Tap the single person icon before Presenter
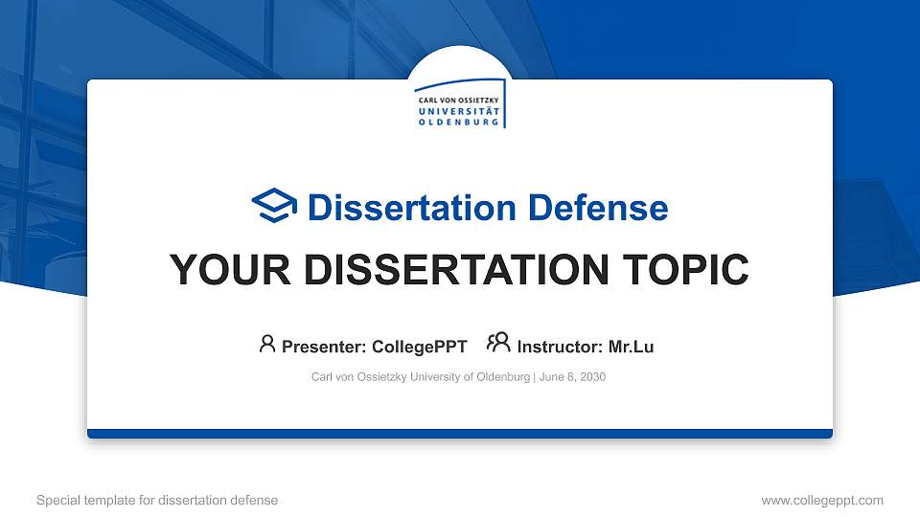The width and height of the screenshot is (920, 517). pos(267,344)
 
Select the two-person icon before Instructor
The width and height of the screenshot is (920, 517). pos(498,343)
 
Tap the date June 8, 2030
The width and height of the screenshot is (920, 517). pos(573,377)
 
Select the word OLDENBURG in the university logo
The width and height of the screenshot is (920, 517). pos(457,123)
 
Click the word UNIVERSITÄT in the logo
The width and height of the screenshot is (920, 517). pos(457,111)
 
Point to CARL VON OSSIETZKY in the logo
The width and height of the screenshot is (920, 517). pos(456,100)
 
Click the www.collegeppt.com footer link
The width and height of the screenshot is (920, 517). pos(821,500)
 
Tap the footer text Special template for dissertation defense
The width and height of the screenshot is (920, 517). pos(157,500)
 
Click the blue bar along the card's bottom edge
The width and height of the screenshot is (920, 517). pos(460,434)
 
